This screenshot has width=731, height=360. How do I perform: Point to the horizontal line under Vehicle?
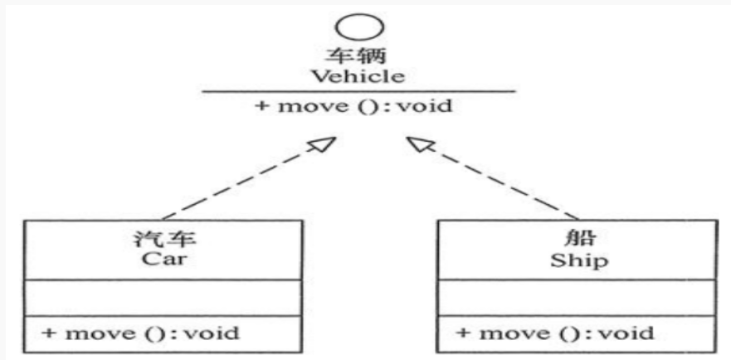pos(358,91)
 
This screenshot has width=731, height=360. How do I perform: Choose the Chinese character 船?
pos(578,241)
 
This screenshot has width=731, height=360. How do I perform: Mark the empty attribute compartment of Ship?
pos(577,297)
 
